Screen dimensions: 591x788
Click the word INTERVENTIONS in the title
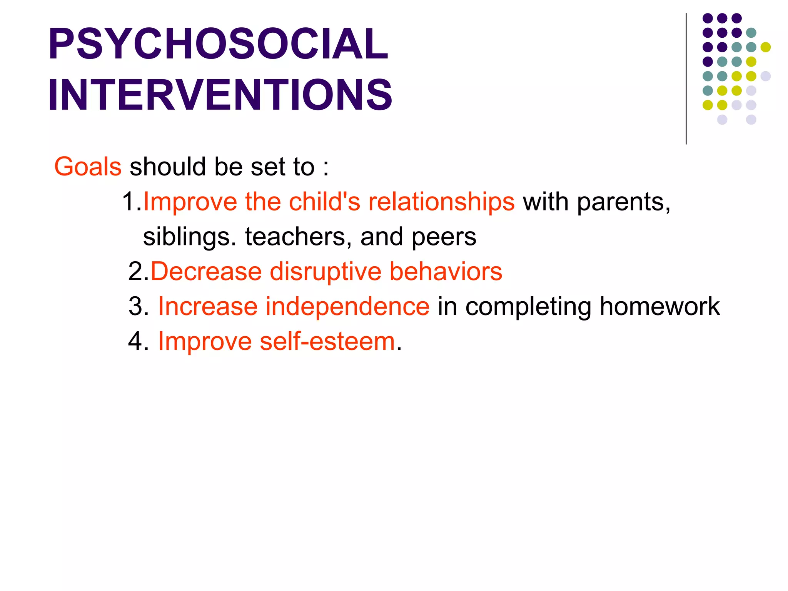coord(220,95)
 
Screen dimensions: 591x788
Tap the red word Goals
coord(88,167)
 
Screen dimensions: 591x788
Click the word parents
coord(623,202)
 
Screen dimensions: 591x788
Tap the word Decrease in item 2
coord(206,271)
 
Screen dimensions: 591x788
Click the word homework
coord(659,307)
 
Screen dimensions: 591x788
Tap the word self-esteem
coord(327,341)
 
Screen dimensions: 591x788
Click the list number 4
coord(135,341)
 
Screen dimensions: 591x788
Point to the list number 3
coord(135,307)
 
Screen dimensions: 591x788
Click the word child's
coord(324,202)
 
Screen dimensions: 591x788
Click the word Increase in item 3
coord(207,307)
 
